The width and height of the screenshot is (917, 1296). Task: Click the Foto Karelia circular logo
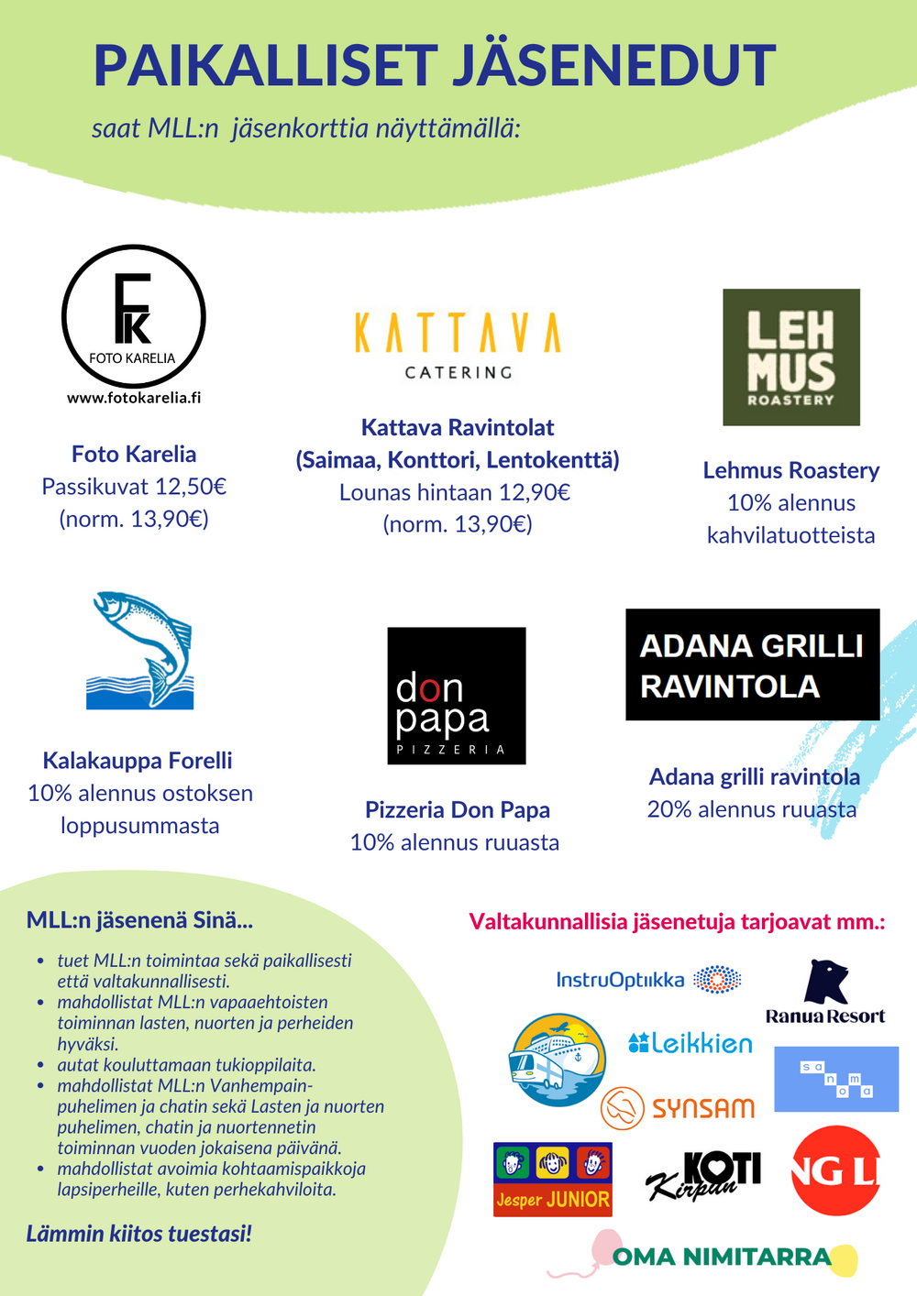(134, 316)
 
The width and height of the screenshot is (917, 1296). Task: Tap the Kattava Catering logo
(458, 345)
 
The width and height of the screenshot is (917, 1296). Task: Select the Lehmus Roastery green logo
(791, 357)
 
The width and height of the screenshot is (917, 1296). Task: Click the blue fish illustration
(140, 650)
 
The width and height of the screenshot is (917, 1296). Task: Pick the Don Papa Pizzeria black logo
(457, 696)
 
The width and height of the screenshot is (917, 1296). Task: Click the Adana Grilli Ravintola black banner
(753, 664)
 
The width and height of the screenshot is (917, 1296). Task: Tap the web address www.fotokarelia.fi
(134, 398)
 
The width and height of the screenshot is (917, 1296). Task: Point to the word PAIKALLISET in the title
(266, 66)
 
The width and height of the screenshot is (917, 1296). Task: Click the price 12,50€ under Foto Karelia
(191, 487)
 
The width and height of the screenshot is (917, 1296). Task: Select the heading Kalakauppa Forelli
(138, 761)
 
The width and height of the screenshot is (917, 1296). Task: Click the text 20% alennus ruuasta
(752, 809)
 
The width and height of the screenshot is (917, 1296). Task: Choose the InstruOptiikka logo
(648, 980)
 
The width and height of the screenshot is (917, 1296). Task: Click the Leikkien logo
(691, 1043)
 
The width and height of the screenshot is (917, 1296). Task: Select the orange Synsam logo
(679, 1108)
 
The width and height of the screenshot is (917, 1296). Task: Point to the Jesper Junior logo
(553, 1180)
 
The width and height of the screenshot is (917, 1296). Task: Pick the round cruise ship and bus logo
(558, 1060)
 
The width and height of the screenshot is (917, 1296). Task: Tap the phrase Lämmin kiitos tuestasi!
(138, 1234)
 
